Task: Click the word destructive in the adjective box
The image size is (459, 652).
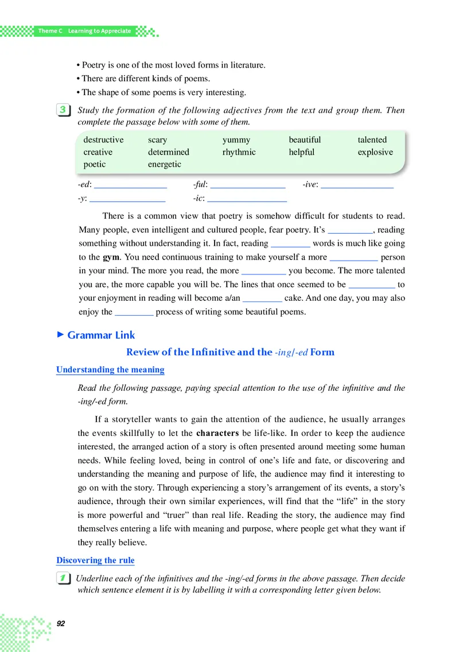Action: (103, 140)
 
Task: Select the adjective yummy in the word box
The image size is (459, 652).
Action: (236, 140)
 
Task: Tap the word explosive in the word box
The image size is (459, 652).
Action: (375, 152)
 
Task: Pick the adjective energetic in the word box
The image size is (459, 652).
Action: (164, 164)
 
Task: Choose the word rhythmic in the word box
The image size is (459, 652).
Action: (239, 152)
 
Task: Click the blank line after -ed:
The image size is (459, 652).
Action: (130, 186)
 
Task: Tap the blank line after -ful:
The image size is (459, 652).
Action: (248, 186)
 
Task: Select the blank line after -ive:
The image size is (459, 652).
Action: (357, 186)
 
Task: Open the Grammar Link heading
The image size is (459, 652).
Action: (101, 335)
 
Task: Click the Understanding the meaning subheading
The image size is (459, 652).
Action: (110, 370)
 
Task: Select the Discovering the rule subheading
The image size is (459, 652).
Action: (95, 560)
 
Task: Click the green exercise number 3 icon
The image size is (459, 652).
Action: (64, 110)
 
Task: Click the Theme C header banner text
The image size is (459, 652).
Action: (84, 31)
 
